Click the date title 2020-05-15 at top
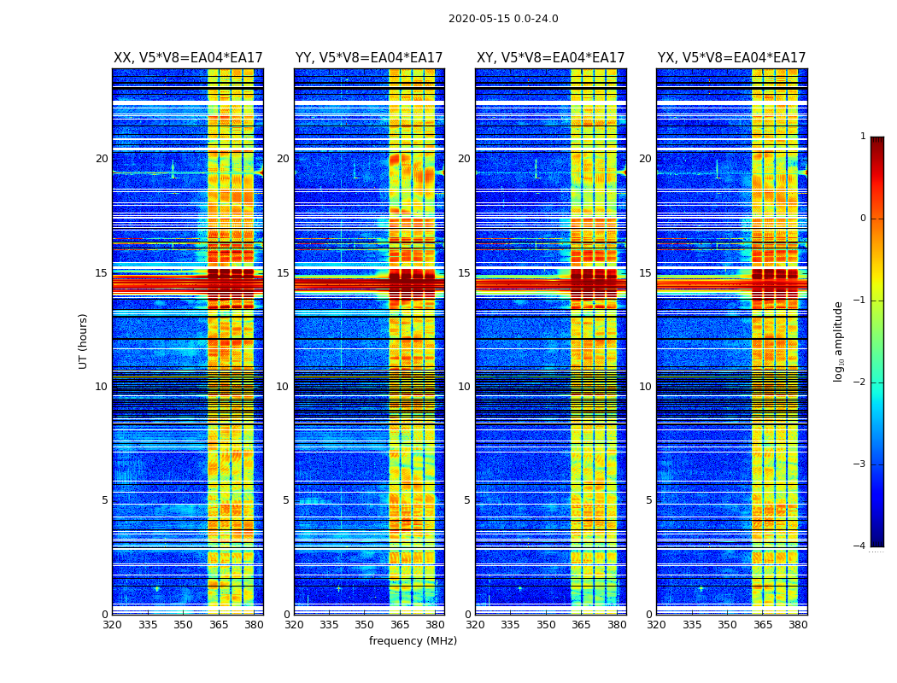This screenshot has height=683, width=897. [503, 19]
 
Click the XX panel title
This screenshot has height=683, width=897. [188, 58]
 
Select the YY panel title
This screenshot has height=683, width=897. [369, 58]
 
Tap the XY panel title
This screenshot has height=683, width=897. [550, 58]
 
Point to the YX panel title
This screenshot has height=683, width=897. [731, 58]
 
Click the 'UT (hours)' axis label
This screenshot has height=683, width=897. [84, 341]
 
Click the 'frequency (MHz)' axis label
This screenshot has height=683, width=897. [413, 641]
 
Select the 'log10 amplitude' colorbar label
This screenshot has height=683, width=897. [839, 341]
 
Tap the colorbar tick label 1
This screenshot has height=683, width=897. [862, 137]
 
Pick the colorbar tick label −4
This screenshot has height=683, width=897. [860, 546]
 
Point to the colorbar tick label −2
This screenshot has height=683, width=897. [860, 382]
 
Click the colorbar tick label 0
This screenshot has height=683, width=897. [862, 219]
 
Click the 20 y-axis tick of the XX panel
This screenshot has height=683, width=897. [102, 159]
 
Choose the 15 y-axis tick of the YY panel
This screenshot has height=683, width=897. [283, 273]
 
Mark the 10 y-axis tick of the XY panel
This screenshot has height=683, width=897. [464, 387]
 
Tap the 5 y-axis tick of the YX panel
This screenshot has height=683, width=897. [648, 500]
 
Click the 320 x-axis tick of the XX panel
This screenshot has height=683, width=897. [112, 625]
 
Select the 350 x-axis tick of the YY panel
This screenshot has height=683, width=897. [365, 625]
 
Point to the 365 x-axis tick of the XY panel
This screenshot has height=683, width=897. [581, 625]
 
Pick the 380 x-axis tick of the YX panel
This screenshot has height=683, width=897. [798, 625]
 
